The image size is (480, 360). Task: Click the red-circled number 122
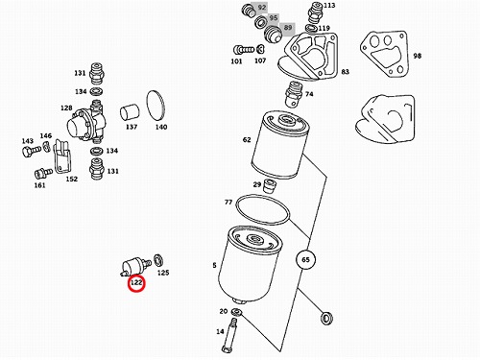136,283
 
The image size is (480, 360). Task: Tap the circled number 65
305,259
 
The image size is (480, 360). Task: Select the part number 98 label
417,56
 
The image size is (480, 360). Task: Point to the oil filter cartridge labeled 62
280,145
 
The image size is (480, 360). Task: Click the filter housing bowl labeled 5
250,264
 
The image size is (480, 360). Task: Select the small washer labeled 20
236,311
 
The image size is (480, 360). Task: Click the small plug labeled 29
270,186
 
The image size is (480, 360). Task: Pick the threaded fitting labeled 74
293,94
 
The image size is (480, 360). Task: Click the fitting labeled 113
315,12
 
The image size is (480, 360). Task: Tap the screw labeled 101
244,50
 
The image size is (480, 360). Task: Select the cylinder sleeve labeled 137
130,113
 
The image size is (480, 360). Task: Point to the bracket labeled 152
62,156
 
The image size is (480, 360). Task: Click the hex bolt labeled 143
31,151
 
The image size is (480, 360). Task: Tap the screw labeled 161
43,174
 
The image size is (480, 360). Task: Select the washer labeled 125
158,260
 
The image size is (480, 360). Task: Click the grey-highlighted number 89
287,28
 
